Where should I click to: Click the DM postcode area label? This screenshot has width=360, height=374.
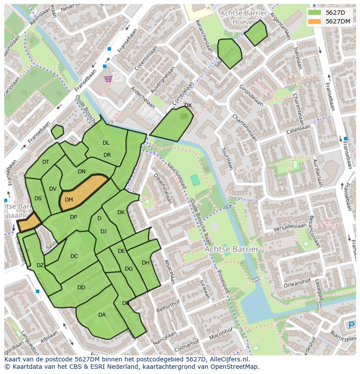point(69,200)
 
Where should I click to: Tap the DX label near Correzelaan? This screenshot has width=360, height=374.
point(188,106)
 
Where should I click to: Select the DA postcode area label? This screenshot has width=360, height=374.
point(102,315)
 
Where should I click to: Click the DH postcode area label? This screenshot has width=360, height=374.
point(145,262)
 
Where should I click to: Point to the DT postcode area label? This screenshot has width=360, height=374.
point(46,162)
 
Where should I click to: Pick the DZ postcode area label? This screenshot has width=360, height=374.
point(40,265)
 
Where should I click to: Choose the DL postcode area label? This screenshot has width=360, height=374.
point(106,142)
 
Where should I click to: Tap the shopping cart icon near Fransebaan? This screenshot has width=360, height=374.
point(108,79)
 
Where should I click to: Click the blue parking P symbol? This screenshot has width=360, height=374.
point(351,325)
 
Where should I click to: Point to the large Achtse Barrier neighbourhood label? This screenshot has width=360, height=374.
point(232,249)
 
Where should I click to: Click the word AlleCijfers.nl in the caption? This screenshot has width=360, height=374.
point(228,359)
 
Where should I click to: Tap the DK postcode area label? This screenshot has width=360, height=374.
point(121,212)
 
